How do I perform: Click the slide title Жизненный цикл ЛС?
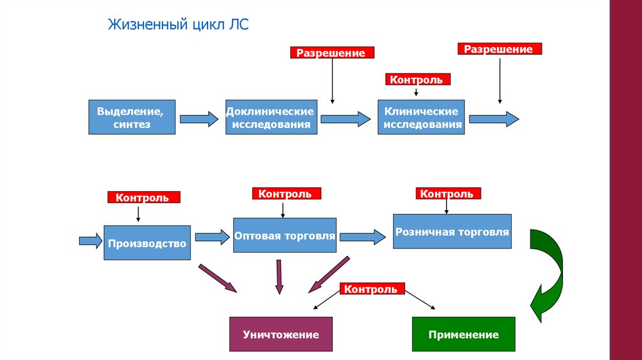179,25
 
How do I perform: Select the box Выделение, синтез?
132,117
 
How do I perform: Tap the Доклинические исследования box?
271,117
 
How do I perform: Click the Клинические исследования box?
421,117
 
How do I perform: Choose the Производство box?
147,243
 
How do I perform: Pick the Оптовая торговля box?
284,236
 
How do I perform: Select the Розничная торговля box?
451,231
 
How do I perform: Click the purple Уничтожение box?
280,334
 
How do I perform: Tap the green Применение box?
463,334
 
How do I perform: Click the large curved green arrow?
547,273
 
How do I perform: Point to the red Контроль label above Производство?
144,198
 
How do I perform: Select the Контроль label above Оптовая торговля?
285,194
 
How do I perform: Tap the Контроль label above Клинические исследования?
416,80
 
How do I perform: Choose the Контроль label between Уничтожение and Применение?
371,289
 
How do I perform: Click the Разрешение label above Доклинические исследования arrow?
331,53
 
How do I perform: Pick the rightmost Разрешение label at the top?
499,49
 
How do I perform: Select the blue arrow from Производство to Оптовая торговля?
212,237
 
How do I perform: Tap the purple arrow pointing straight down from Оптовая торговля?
279,276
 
